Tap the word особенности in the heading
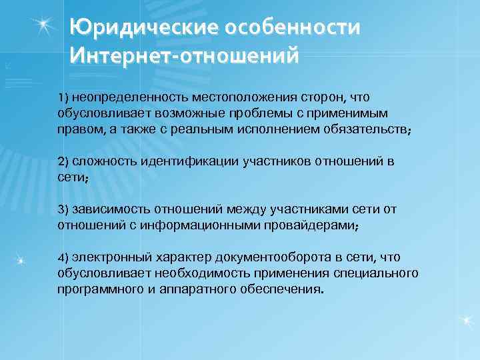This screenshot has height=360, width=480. point(294,29)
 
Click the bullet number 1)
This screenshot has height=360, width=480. point(64,97)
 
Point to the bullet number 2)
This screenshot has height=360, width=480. point(64,162)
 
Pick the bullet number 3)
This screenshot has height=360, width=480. point(64,209)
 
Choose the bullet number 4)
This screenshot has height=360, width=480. point(64,257)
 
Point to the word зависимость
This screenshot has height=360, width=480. point(107,209)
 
